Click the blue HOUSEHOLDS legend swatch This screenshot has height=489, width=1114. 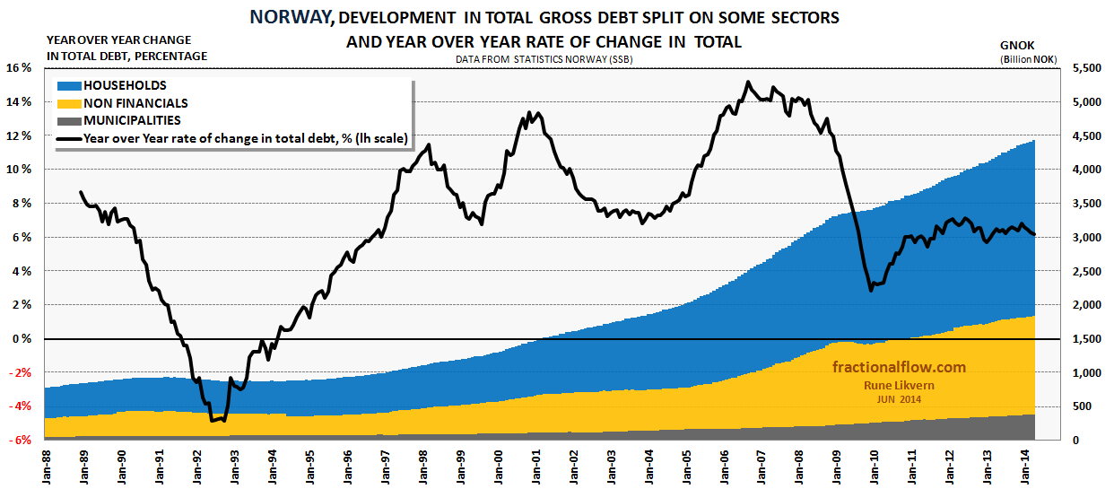coord(68,86)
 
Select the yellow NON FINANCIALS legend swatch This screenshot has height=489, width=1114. coord(68,103)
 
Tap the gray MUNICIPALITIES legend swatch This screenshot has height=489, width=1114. coord(68,120)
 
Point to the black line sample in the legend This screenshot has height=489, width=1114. coord(68,138)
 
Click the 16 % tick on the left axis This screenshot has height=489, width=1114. coord(20,68)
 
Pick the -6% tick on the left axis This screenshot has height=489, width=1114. coord(20,441)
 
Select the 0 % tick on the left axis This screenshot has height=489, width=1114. coord(22,339)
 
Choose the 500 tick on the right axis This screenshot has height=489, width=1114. coord(1082,406)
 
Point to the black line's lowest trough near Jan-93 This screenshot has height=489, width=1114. coord(216,420)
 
